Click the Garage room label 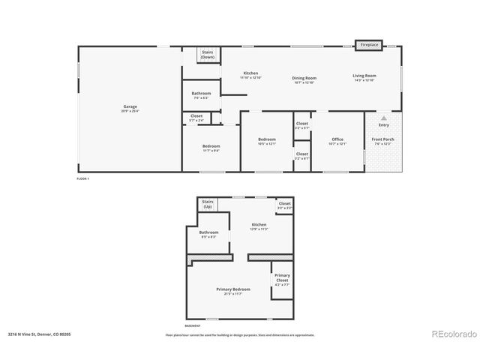tap(130, 107)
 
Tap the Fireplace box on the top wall tap(369, 45)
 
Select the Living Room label tap(364, 76)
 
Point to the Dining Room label tap(304, 78)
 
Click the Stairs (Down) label tap(208, 55)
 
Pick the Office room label tap(337, 139)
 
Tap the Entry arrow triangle tap(383, 118)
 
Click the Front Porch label tap(382, 139)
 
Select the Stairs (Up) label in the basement tap(208, 204)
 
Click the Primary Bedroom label tap(232, 289)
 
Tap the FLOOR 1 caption tap(82, 179)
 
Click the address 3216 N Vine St tap(40, 334)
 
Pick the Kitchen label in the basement tap(259, 225)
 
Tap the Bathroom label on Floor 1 tap(201, 94)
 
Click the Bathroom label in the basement tap(208, 232)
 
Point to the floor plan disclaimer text tap(239, 335)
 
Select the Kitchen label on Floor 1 tap(250, 73)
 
